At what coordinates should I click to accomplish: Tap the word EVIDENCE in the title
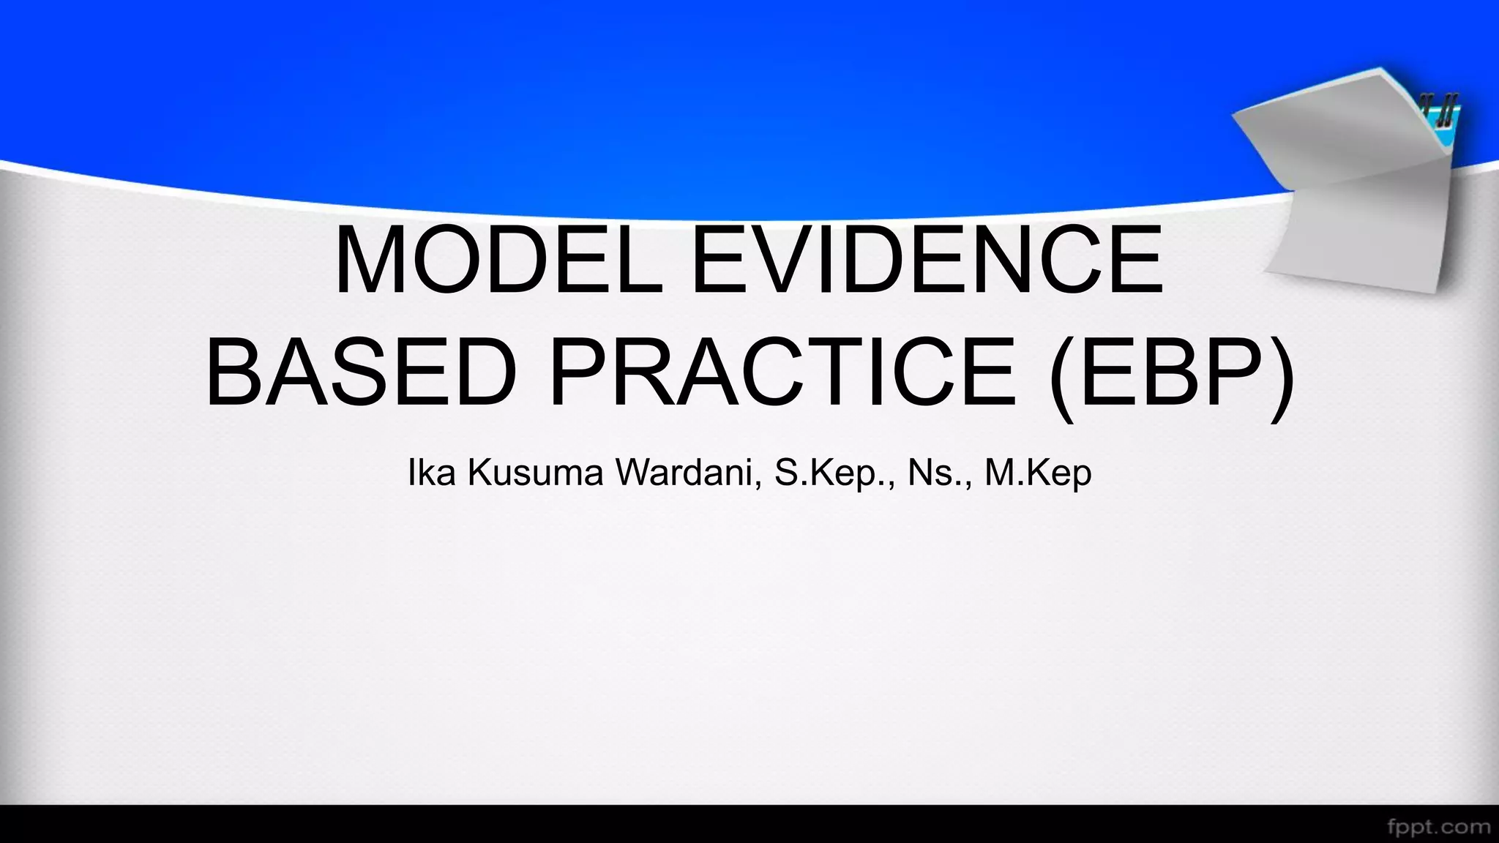(x=927, y=260)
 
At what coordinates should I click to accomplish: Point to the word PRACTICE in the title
(x=782, y=374)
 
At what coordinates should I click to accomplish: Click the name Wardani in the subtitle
(x=687, y=473)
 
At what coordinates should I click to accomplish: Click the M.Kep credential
(x=1038, y=473)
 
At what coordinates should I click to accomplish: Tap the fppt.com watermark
(x=1438, y=826)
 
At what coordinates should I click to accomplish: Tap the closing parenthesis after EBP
(x=1280, y=377)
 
